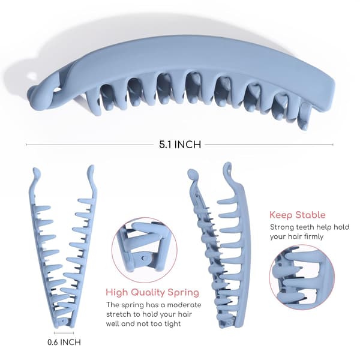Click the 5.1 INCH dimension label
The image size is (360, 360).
point(180,145)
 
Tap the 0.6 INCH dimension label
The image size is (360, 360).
point(64,342)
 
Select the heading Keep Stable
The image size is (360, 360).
point(298,215)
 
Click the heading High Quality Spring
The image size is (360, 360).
point(152,292)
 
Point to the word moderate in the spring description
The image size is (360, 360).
point(184,305)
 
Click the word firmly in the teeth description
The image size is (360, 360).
point(314,236)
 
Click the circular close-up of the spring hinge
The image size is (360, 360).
point(145,250)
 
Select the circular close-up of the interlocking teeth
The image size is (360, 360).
point(302,276)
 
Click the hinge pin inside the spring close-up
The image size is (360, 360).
point(144,258)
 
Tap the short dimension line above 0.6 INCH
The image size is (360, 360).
point(64,332)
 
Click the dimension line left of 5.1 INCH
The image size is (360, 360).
point(90,145)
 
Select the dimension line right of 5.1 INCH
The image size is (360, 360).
point(269,145)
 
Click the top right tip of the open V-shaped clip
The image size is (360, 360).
point(91,169)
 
